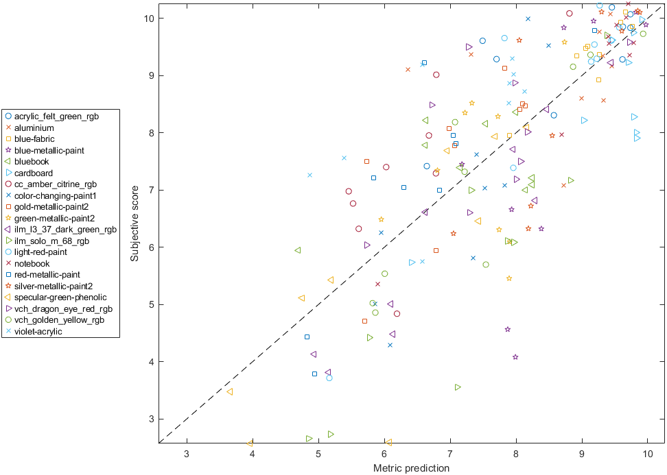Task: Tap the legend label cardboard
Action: point(34,173)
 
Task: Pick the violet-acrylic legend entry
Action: point(38,332)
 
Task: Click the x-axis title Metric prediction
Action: point(411,468)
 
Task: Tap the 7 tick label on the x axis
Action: point(450,454)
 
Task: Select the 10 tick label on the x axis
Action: point(647,454)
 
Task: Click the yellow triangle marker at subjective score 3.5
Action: point(230,391)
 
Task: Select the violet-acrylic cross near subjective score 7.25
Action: point(309,175)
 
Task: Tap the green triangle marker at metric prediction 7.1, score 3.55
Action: point(458,387)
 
